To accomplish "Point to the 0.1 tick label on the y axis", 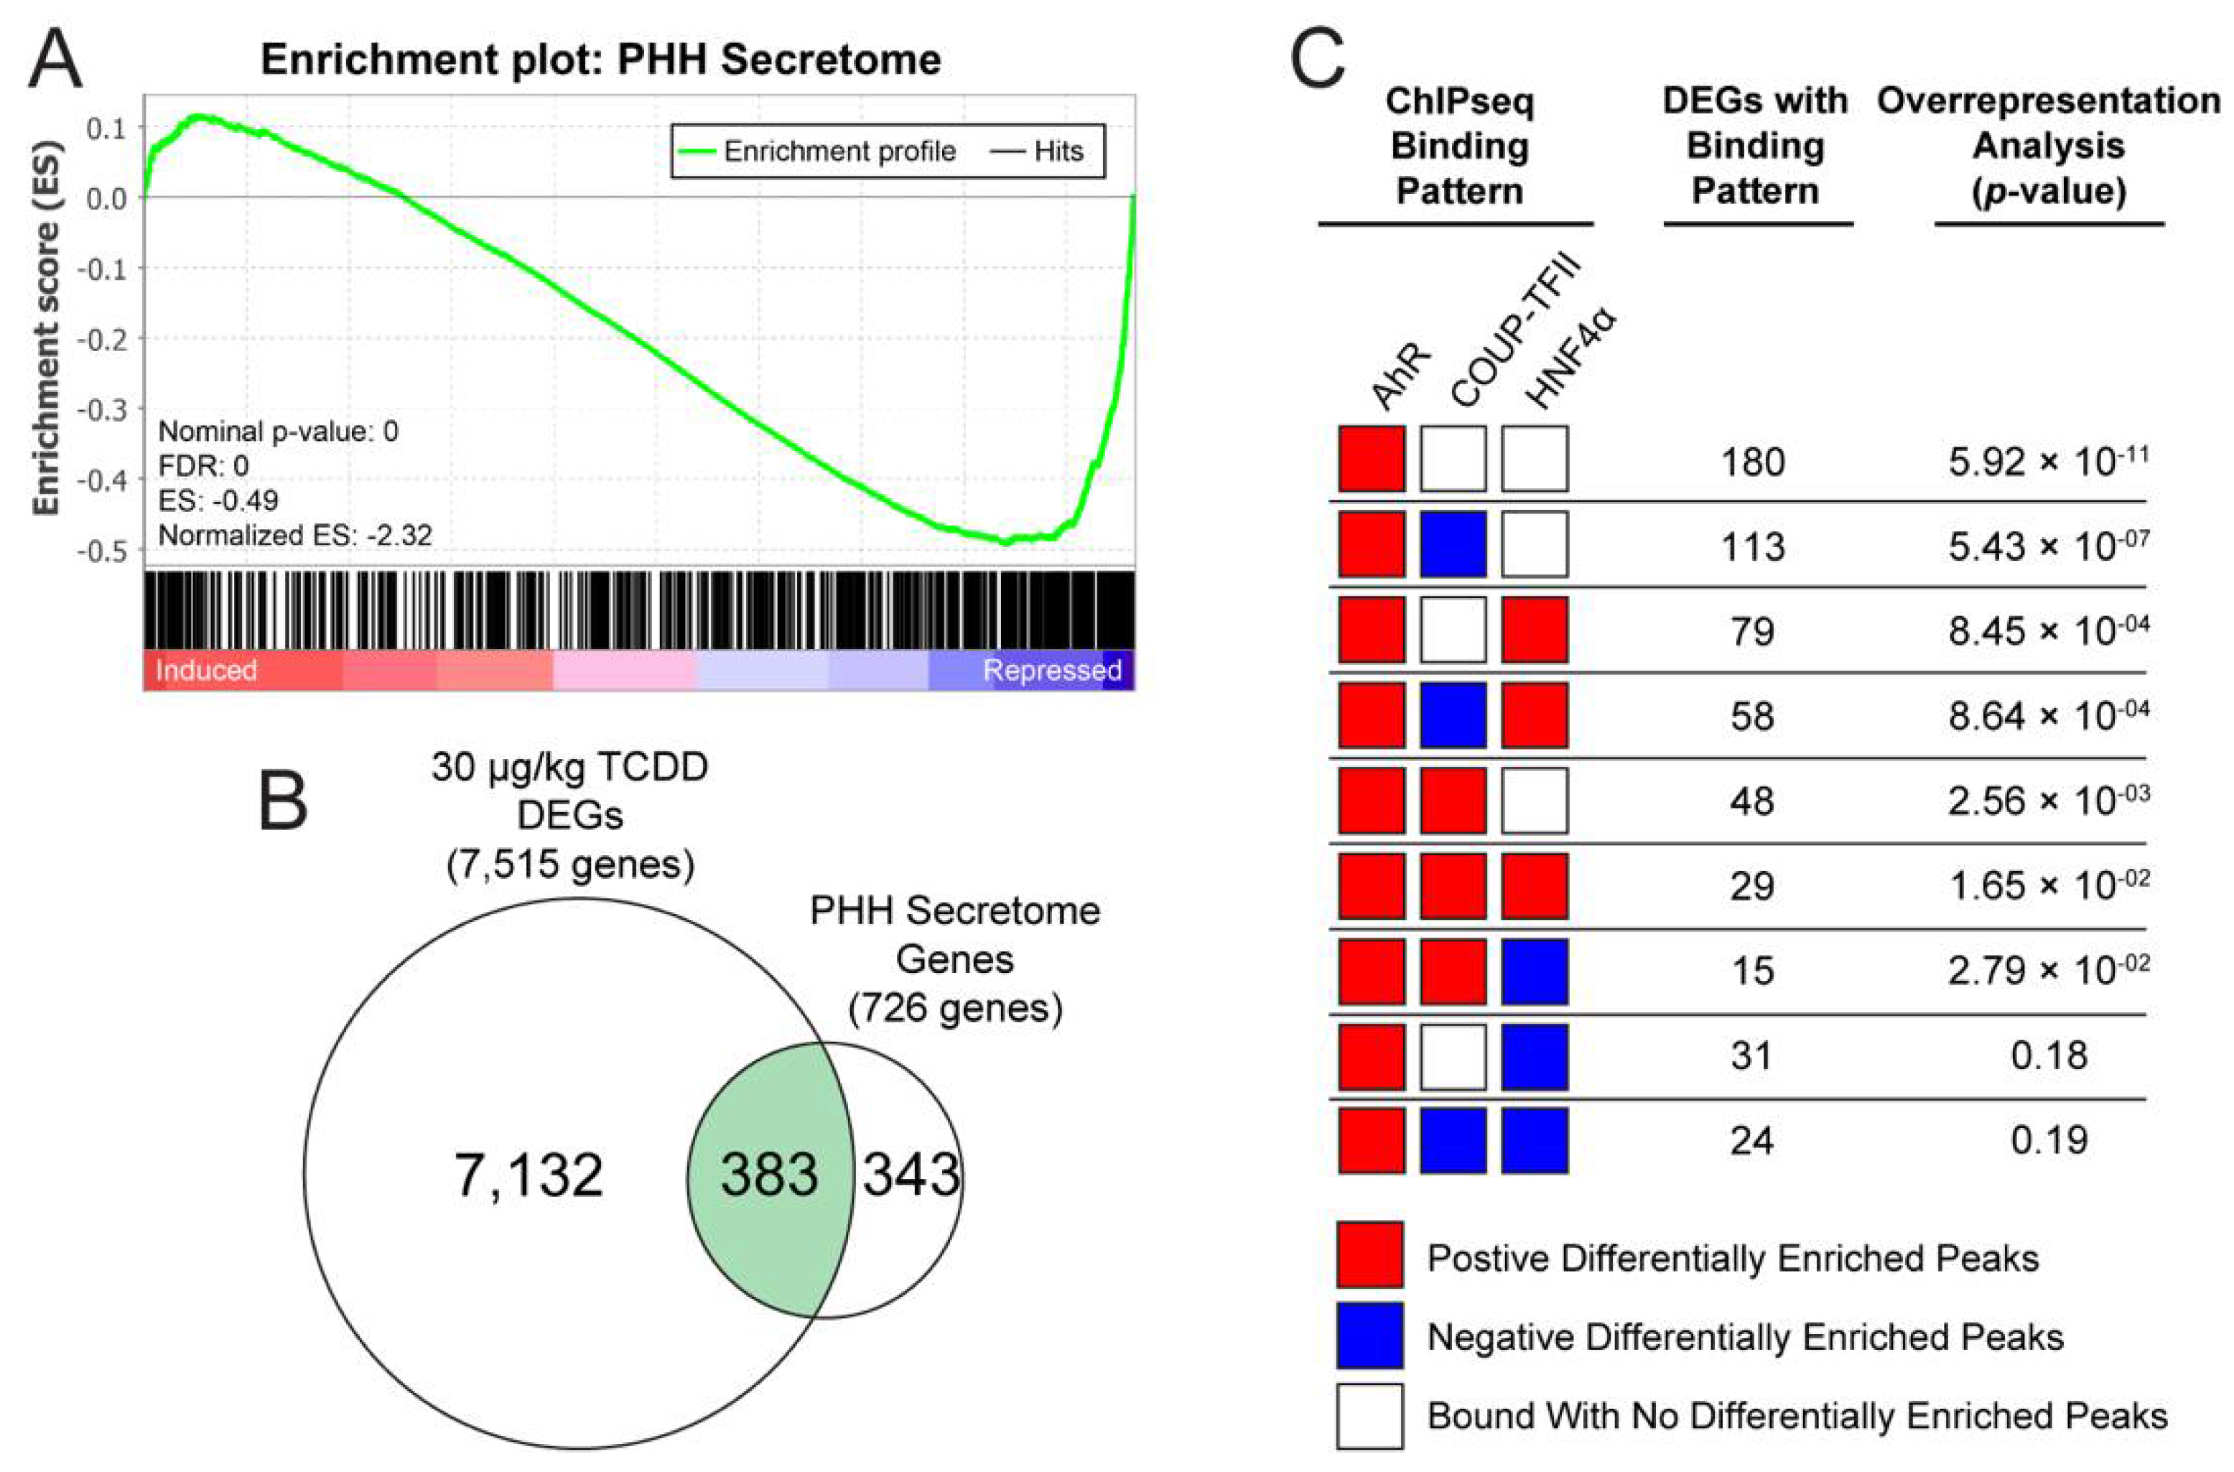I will coord(105,128).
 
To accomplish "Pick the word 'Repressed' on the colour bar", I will coord(1051,670).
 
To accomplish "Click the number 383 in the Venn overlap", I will coord(770,1175).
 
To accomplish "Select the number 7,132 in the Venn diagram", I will coord(529,1175).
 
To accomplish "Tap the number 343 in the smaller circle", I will coord(911,1175).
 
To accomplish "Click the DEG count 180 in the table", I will coord(1752,462).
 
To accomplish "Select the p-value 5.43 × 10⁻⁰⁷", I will coord(2048,544).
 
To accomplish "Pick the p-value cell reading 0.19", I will coord(2048,1140).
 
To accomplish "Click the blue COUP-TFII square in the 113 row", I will coord(1453,544).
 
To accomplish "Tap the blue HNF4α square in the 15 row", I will coord(1535,971).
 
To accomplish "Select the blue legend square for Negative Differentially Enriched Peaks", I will coord(1370,1335).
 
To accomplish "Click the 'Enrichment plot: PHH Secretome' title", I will coord(601,60).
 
